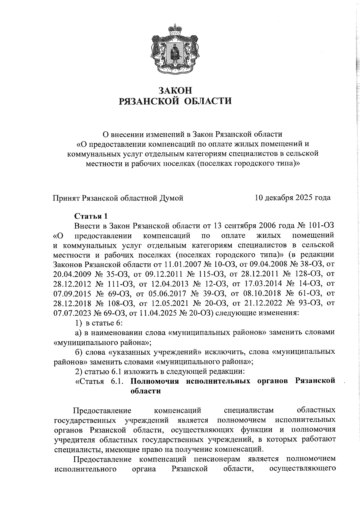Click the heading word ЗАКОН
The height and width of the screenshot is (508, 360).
tap(175, 90)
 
